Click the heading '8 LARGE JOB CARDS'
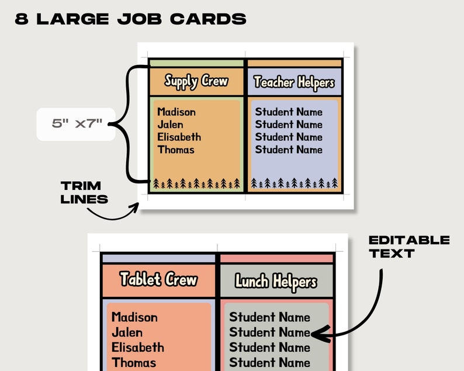(x=130, y=19)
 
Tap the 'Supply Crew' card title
(x=196, y=81)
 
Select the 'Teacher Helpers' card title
(x=294, y=82)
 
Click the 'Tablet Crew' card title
(x=158, y=279)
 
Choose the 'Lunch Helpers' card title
(x=275, y=282)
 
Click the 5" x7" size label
(x=77, y=124)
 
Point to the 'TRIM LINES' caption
(x=85, y=192)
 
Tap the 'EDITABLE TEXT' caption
(x=409, y=247)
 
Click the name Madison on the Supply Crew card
(x=176, y=112)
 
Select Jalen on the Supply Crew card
(x=170, y=124)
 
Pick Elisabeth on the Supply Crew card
(x=179, y=137)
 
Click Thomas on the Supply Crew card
(x=175, y=150)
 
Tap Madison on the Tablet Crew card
(x=134, y=317)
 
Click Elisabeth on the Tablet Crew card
(x=138, y=348)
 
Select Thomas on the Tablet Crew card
(x=134, y=363)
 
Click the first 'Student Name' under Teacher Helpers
(x=289, y=112)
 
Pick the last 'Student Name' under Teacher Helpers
(x=289, y=150)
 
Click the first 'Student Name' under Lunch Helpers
(x=269, y=317)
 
